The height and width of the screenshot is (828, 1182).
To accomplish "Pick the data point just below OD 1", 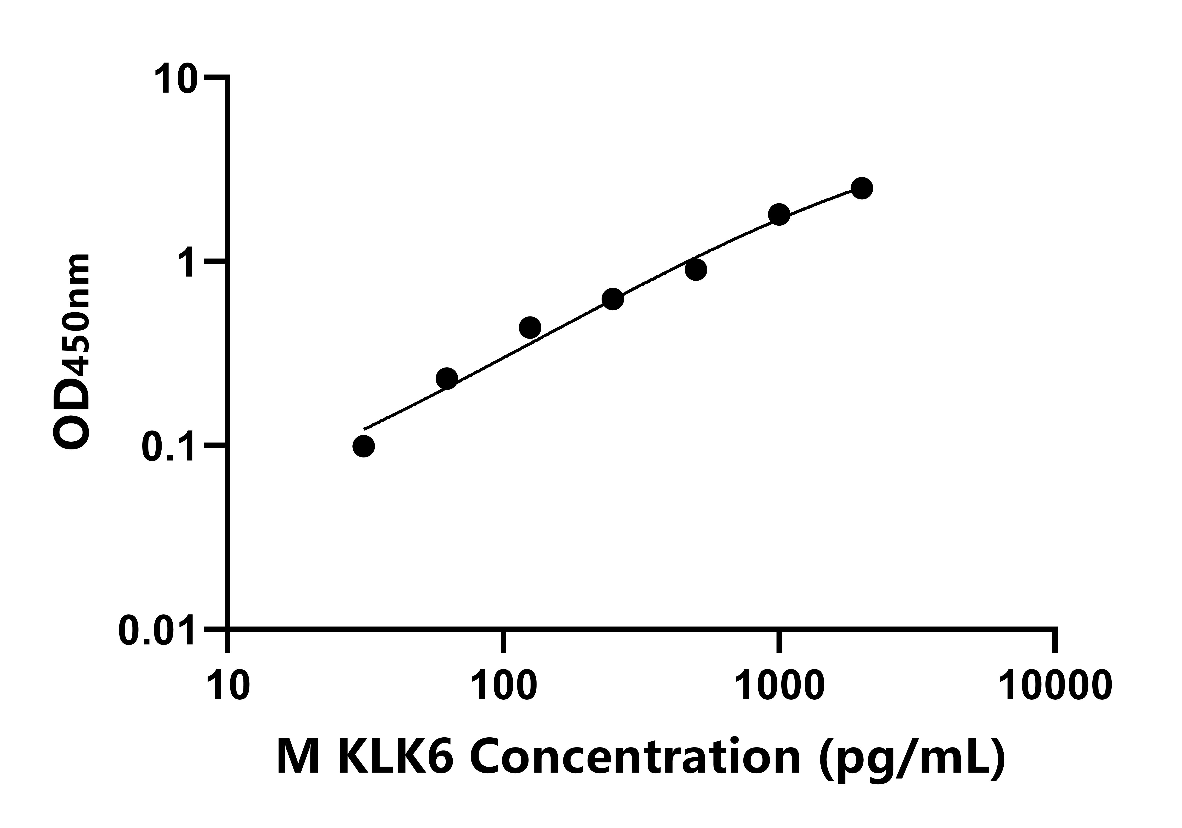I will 696,270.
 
